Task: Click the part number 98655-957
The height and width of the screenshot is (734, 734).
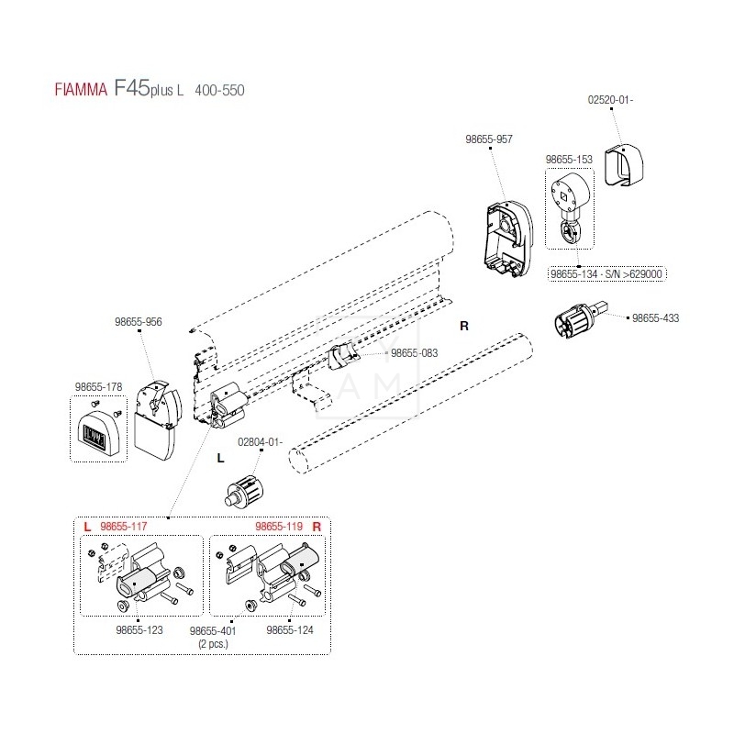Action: [489, 139]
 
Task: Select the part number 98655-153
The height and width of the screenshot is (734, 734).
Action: [569, 159]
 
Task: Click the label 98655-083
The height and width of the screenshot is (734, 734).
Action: [414, 352]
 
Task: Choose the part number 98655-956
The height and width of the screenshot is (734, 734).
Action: [139, 322]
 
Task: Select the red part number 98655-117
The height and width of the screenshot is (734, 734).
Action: [123, 527]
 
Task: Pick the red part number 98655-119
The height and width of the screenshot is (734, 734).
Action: [279, 527]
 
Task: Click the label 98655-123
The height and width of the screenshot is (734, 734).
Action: [139, 630]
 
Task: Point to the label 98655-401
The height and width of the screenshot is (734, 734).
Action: [213, 631]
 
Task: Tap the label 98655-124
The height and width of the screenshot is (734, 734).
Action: [290, 630]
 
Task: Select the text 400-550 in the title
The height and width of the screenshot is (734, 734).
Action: [219, 90]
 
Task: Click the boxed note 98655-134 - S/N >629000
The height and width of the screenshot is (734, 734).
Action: [607, 273]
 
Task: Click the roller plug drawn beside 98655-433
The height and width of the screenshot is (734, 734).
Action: [576, 323]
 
